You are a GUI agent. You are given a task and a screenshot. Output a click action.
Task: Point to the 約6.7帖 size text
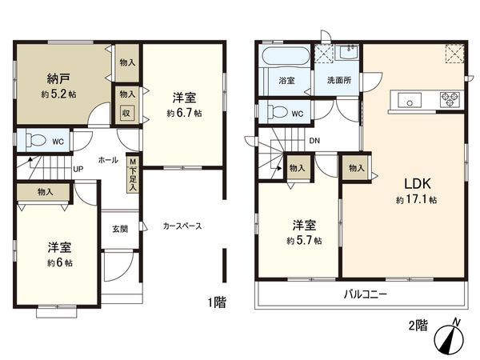(184, 114)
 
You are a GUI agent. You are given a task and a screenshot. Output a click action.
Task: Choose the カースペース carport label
(182, 226)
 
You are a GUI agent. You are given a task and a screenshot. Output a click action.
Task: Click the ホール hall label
(108, 160)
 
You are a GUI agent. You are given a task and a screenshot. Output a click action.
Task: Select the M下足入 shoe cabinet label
(134, 172)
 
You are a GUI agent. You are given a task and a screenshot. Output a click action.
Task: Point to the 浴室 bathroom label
(286, 82)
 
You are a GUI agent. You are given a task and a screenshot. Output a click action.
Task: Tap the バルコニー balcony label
(366, 294)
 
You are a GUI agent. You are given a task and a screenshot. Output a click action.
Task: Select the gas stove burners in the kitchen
(448, 100)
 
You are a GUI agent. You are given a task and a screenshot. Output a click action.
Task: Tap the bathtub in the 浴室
(285, 58)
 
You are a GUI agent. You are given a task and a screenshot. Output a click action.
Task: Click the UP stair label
(78, 170)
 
